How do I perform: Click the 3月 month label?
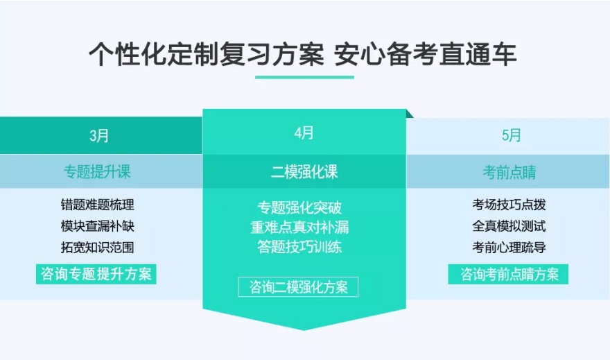[x=99, y=136]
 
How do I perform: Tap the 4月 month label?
[x=304, y=132]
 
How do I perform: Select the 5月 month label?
[x=511, y=136]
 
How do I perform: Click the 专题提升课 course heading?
[x=97, y=172]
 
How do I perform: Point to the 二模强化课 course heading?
[x=304, y=172]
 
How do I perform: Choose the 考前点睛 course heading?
[x=509, y=172]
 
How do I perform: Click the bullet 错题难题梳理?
[x=97, y=205]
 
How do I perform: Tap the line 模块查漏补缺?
[x=97, y=226]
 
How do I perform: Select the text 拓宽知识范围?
[x=97, y=248]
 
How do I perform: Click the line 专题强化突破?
[x=299, y=207]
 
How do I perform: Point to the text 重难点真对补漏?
[x=299, y=227]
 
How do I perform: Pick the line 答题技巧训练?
[x=299, y=247]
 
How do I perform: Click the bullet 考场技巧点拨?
[x=509, y=205]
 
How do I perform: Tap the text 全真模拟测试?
[x=509, y=226]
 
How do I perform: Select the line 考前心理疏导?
[x=509, y=248]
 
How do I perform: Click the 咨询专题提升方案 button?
[x=96, y=273]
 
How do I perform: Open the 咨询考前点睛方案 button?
[x=508, y=273]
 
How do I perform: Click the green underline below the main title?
[x=304, y=76]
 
